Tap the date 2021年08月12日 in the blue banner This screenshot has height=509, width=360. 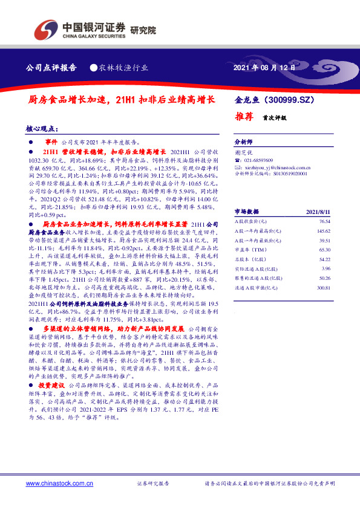click(264, 68)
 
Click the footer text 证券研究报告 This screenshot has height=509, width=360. click(154, 484)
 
